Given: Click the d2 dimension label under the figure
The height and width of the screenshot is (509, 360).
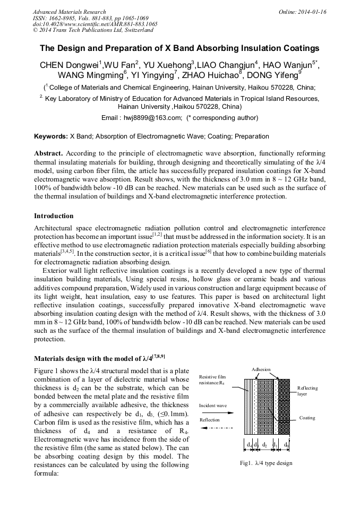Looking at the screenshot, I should [x=264, y=444].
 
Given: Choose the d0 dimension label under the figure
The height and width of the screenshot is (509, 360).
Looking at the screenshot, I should [x=286, y=444].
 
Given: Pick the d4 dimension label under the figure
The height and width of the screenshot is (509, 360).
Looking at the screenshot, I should [x=248, y=444].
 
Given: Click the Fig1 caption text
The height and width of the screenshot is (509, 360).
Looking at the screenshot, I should [x=266, y=463].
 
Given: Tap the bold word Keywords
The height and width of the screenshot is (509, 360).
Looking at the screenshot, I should [x=50, y=136].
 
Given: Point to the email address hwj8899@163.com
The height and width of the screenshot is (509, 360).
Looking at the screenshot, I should [x=150, y=118].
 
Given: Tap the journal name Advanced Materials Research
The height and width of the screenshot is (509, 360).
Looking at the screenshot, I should [x=69, y=11].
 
